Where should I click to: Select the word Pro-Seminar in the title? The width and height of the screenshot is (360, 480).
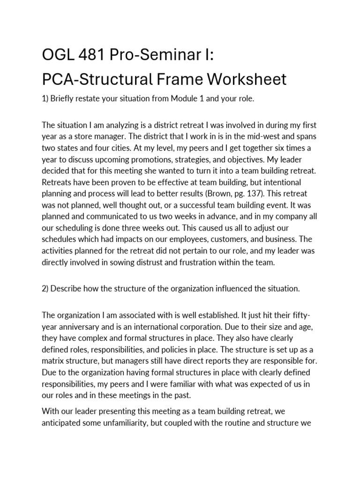pyautogui.click(x=156, y=56)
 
